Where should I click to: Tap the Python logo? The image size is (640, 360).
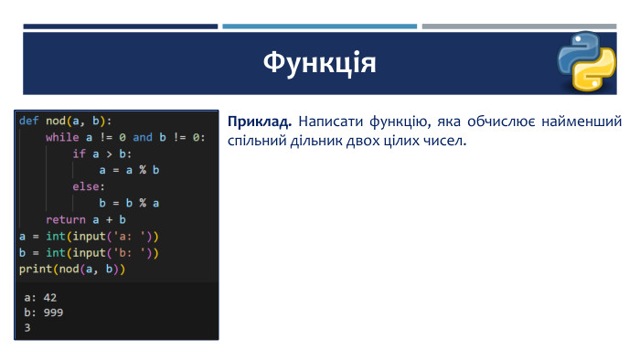coord(587,61)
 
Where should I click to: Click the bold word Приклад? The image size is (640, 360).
coord(260,122)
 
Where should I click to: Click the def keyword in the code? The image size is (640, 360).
coord(29,121)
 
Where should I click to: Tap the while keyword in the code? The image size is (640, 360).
coord(62,137)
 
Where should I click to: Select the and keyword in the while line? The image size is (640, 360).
coord(143,137)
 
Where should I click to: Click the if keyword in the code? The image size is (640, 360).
coord(80,154)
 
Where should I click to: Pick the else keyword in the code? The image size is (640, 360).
coord(86,186)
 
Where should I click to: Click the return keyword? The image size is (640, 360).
coord(66,220)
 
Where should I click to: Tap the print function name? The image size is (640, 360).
coord(36,270)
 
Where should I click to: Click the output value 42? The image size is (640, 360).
coord(50,298)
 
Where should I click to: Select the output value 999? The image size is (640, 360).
coord(53,312)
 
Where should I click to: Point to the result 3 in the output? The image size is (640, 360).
coord(27,328)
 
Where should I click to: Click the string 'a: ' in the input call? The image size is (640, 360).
coord(129,237)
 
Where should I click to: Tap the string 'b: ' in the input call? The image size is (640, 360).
coord(129,253)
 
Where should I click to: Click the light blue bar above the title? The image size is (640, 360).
coord(320,26)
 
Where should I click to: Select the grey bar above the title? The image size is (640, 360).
coord(519,26)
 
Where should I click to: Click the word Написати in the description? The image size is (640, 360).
coord(331,122)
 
